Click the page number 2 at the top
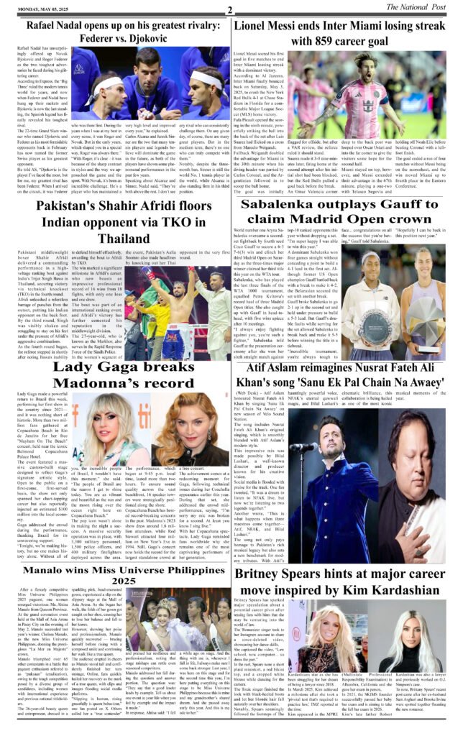229,9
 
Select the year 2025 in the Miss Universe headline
115,579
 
